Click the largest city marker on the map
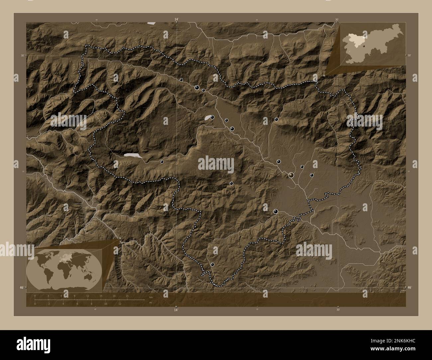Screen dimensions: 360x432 point(291,175)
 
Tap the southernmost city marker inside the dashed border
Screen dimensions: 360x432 point(212,264)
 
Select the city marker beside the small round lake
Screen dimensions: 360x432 point(212,117)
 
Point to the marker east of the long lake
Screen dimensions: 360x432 point(162,162)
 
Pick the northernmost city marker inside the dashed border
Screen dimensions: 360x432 point(181,80)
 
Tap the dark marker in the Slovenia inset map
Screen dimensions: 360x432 point(364,46)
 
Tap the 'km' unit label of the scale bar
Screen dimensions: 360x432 point(151,297)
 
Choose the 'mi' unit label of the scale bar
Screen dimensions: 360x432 point(151,303)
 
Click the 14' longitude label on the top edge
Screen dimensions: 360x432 point(176,20)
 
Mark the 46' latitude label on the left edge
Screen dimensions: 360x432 point(21,287)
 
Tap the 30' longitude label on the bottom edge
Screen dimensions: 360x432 point(338,310)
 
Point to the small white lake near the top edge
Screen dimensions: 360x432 point(152,23)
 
